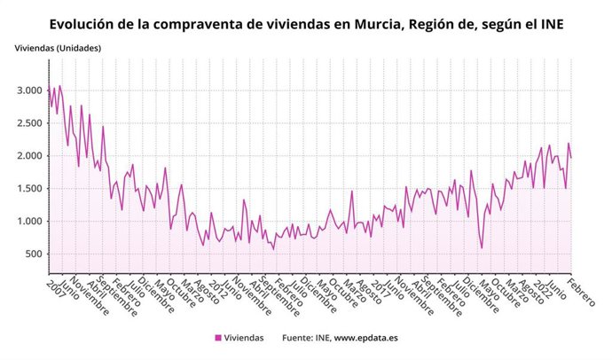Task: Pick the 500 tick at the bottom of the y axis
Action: coord(34,254)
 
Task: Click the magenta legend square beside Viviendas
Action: coord(218,338)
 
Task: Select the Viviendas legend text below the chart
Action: coord(245,338)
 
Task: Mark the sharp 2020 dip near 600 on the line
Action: coord(482,247)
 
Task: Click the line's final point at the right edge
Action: coord(571,158)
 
